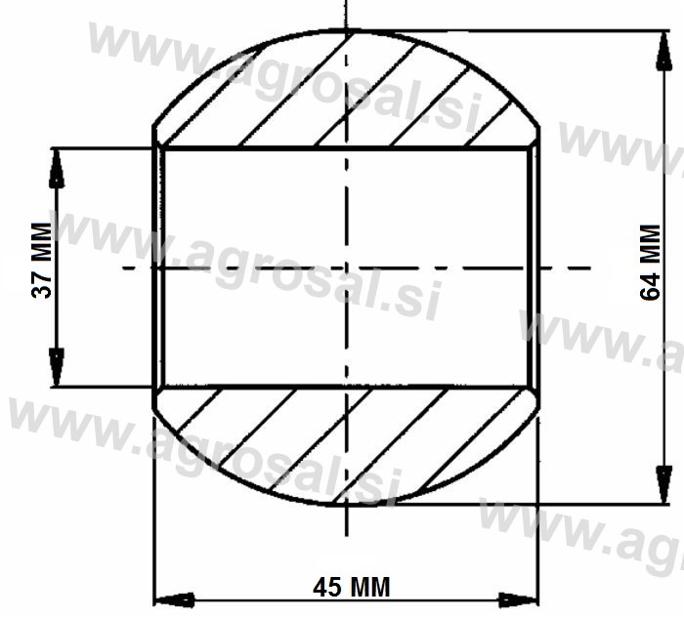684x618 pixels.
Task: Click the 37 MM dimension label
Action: pyautogui.click(x=42, y=261)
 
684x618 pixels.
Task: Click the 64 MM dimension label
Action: pyautogui.click(x=650, y=262)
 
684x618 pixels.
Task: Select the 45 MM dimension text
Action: pyautogui.click(x=351, y=587)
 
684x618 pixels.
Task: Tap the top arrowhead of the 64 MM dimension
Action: pyautogui.click(x=663, y=50)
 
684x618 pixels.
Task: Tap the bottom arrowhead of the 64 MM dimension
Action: pyautogui.click(x=663, y=484)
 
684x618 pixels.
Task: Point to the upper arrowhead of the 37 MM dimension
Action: pyautogui.click(x=57, y=169)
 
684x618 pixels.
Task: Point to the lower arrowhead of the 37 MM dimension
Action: pyautogui.click(x=57, y=367)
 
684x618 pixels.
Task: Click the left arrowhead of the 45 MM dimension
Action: pyautogui.click(x=175, y=600)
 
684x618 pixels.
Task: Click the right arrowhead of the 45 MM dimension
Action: pyautogui.click(x=519, y=600)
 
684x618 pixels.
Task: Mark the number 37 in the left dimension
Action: pyautogui.click(x=42, y=285)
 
